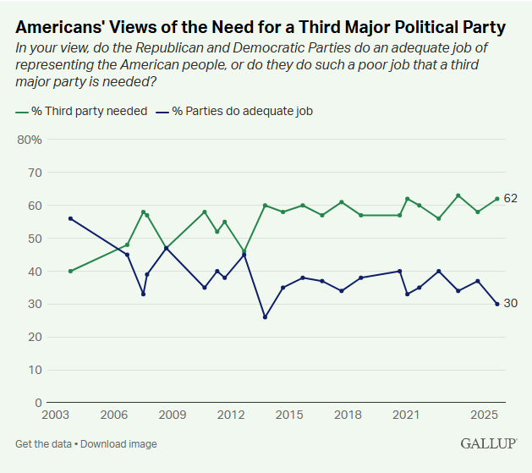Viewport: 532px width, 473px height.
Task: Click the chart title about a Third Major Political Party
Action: [x=261, y=27]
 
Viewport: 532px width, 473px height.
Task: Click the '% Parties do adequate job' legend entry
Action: [x=243, y=111]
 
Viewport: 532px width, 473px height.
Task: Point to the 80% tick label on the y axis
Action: [x=30, y=140]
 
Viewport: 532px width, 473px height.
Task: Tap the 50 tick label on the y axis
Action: [x=35, y=239]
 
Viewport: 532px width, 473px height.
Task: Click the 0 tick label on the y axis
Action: [x=38, y=403]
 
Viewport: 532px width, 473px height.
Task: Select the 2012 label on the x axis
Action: [x=231, y=415]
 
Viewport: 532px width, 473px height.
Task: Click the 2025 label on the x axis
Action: [x=484, y=415]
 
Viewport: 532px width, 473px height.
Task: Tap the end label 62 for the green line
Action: [x=511, y=199]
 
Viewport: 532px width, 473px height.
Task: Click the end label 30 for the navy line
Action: [x=511, y=304]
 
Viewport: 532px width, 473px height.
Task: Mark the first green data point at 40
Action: [x=70, y=272]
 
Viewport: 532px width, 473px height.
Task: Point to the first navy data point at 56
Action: [x=70, y=218]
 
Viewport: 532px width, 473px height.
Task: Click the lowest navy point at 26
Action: [x=265, y=317]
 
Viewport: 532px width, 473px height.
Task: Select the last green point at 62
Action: [x=497, y=199]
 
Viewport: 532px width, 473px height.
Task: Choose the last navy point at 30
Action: [x=497, y=304]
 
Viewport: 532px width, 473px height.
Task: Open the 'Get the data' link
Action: [x=42, y=444]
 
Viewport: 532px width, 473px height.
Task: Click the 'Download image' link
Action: [x=119, y=444]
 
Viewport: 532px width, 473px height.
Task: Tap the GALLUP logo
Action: [x=489, y=443]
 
